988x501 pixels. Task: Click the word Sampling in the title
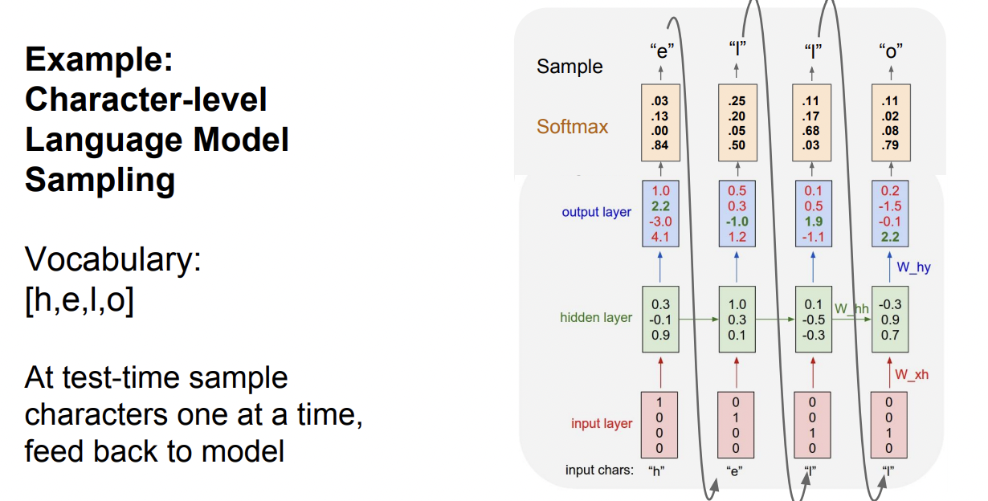[x=100, y=180]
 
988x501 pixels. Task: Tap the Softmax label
[x=573, y=127]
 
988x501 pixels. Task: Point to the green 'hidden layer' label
[x=596, y=317]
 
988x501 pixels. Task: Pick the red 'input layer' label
[x=602, y=423]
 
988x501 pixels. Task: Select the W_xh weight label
[x=911, y=374]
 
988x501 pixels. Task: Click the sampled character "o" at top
[x=890, y=50]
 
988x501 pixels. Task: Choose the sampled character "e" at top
[x=661, y=50]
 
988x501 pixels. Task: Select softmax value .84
[x=661, y=145]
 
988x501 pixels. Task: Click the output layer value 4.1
[x=661, y=237]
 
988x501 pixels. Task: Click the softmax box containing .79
[x=889, y=123]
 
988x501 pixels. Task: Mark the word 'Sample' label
[x=570, y=67]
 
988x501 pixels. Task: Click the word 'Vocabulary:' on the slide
[x=112, y=259]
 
